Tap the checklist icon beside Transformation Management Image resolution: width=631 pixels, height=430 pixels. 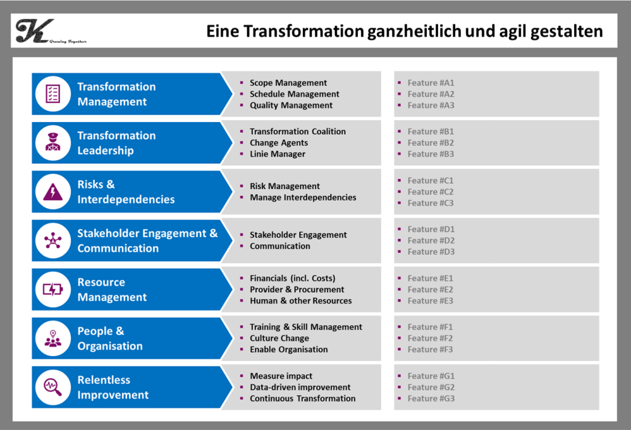pos(53,94)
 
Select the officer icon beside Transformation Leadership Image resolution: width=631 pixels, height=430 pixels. pos(53,142)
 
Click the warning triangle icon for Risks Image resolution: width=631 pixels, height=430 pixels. pos(53,192)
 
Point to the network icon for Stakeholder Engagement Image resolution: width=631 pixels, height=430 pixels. pos(53,240)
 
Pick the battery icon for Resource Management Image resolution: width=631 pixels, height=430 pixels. pos(53,290)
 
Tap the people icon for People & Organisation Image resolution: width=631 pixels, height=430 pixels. pos(53,338)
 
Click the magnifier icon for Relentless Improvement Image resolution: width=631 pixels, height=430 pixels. pos(53,387)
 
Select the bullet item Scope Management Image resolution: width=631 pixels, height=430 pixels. pos(288,83)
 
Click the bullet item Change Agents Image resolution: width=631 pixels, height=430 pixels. pos(279,143)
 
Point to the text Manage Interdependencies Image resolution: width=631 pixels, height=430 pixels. pos(303,197)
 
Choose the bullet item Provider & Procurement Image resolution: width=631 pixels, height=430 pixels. pos(297,290)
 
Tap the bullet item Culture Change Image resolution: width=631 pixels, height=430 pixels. pos(279,338)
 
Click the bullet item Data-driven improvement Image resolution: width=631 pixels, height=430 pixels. pos(300,387)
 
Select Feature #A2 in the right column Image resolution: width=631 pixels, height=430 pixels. pos(431,94)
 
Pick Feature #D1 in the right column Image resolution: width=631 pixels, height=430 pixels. pos(431,229)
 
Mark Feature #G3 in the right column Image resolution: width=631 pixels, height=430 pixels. pos(431,398)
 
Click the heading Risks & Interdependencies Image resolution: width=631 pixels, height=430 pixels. pos(126,192)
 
